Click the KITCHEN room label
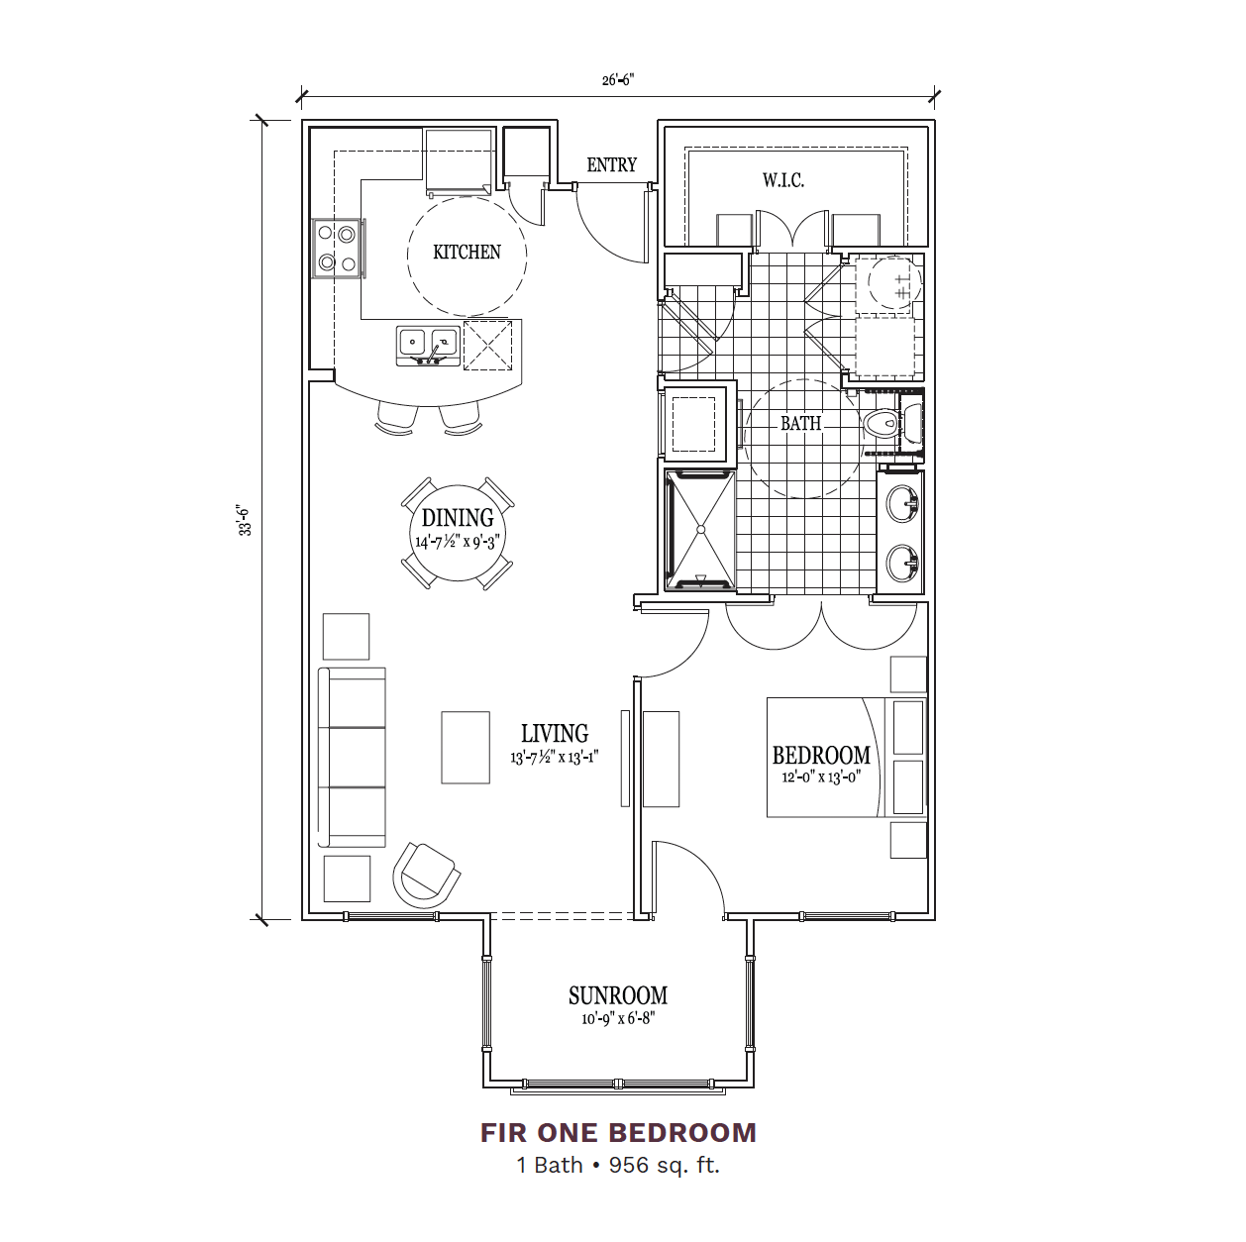pyautogui.click(x=467, y=252)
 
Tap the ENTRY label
pyautogui.click(x=611, y=165)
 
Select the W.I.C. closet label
pyautogui.click(x=783, y=180)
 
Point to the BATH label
pyautogui.click(x=800, y=423)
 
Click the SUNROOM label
pyautogui.click(x=617, y=995)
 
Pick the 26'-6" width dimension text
pyautogui.click(x=617, y=79)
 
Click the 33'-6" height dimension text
pyautogui.click(x=246, y=519)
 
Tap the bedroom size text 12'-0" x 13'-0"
pyautogui.click(x=821, y=776)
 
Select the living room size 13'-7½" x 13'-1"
pyautogui.click(x=555, y=758)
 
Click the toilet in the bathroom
pyautogui.click(x=882, y=424)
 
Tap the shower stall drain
pyautogui.click(x=700, y=530)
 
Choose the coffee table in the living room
pyautogui.click(x=466, y=747)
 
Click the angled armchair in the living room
pyautogui.click(x=426, y=874)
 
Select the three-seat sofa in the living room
pyautogui.click(x=352, y=758)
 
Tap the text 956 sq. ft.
pyautogui.click(x=665, y=1165)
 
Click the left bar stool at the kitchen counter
pyautogui.click(x=396, y=419)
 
